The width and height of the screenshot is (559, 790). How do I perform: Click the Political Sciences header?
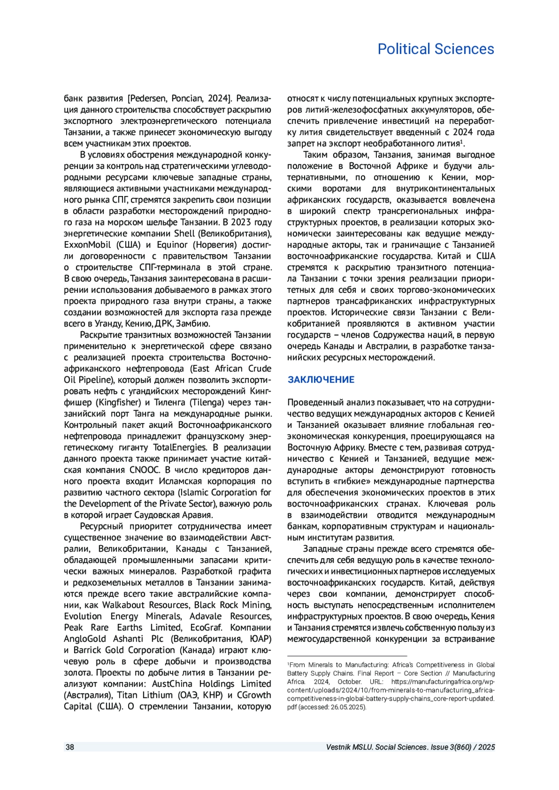[x=436, y=49]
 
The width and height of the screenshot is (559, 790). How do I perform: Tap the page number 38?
[x=69, y=747]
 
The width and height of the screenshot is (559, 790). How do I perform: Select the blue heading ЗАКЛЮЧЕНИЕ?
[x=321, y=379]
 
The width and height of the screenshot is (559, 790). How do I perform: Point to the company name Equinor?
[x=172, y=245]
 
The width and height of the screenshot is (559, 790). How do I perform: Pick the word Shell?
[x=184, y=234]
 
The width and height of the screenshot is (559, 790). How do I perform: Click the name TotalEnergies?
[x=180, y=447]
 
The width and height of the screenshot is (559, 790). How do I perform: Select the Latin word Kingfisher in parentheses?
[x=118, y=402]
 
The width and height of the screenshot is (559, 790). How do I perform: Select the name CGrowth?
[x=254, y=695]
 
